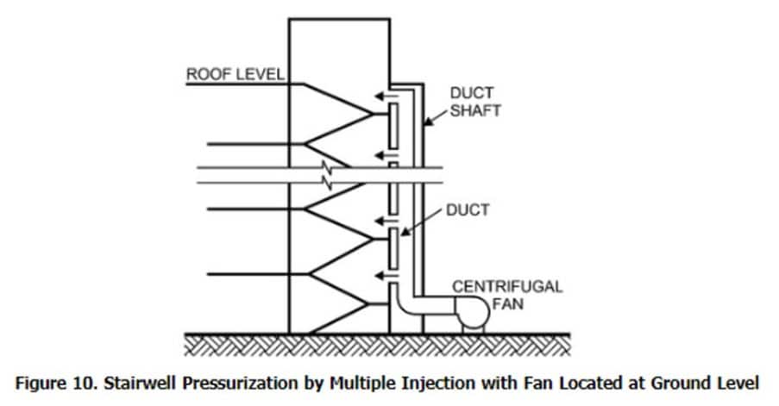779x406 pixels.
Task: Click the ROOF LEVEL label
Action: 234,74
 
